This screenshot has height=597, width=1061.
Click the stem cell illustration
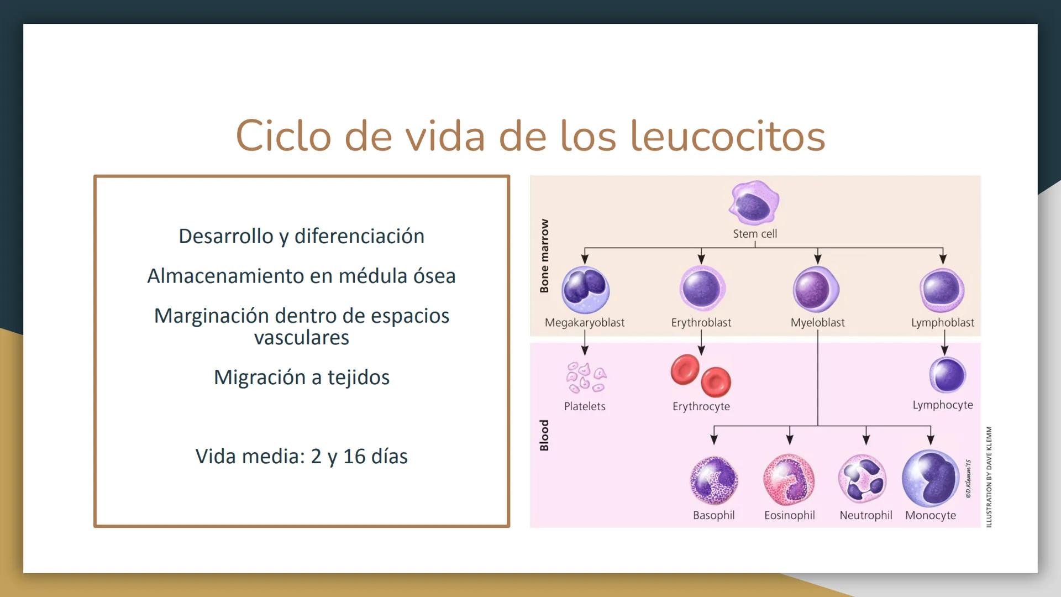(754, 203)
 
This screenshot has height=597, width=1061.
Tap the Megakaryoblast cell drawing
(585, 289)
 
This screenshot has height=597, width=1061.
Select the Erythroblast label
(701, 323)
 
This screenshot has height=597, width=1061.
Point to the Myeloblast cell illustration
(816, 289)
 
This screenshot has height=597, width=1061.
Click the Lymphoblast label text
(942, 323)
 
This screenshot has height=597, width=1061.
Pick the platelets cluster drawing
(585, 378)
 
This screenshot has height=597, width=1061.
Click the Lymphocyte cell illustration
(947, 375)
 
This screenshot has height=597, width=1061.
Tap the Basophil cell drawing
(713, 480)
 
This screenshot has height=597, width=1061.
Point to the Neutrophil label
(865, 515)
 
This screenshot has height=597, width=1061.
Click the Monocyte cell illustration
(931, 478)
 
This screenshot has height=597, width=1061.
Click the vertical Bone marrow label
(544, 255)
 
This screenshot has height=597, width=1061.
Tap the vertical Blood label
(544, 435)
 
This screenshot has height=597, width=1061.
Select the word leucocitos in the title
(727, 136)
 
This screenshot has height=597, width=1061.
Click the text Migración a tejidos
(302, 378)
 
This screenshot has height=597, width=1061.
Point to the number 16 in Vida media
(354, 457)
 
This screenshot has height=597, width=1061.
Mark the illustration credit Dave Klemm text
(989, 476)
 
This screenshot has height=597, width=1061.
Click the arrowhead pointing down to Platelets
(585, 350)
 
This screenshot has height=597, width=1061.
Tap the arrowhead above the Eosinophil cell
(790, 439)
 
